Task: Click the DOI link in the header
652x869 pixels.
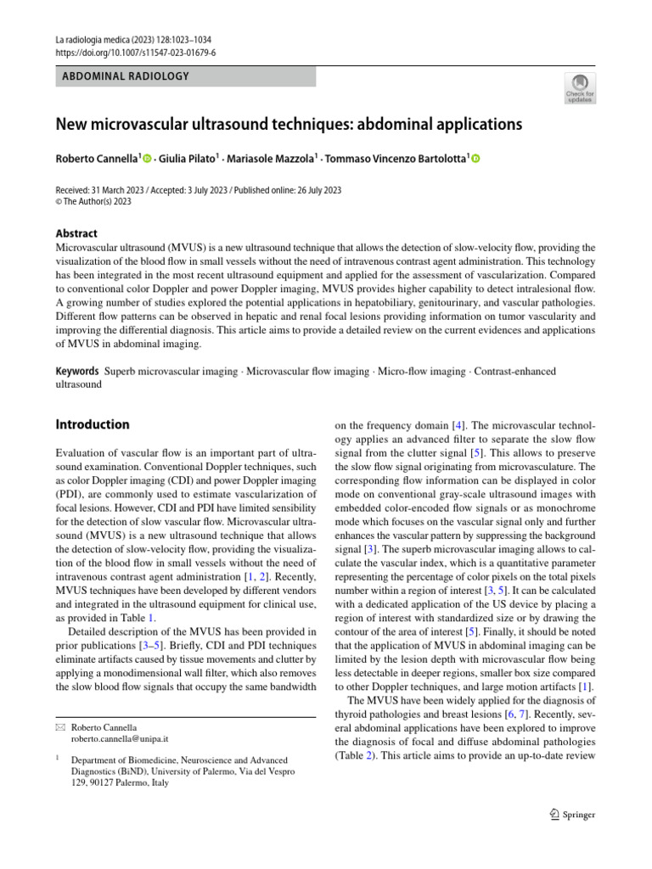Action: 135,52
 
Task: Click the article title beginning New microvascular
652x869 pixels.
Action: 288,125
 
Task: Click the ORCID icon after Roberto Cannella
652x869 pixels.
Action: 147,159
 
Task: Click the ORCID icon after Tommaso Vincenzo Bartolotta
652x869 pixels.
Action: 475,159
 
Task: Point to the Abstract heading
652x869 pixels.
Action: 76,233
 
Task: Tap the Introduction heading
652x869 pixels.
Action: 93,424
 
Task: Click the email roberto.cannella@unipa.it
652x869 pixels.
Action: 120,739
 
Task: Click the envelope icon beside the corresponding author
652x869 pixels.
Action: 59,727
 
